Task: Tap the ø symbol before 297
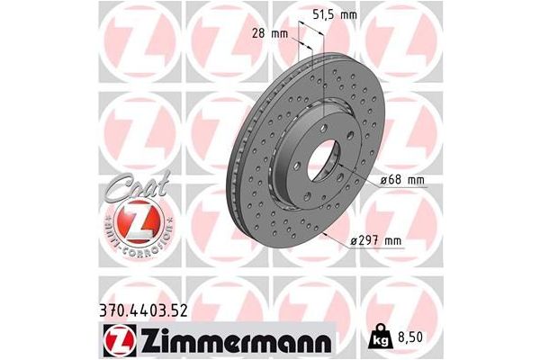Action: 351,240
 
